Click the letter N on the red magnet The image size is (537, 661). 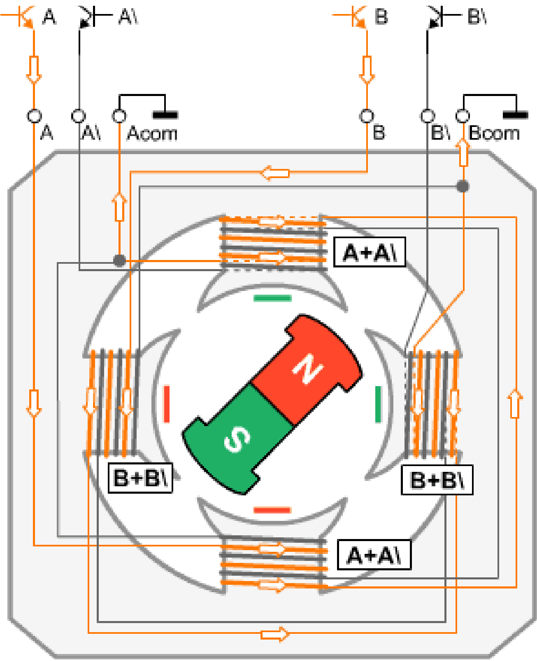pyautogui.click(x=308, y=369)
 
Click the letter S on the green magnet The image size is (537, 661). pyautogui.click(x=237, y=439)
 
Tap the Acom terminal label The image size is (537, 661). pyautogui.click(x=152, y=134)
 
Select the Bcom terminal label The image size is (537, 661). pyautogui.click(x=494, y=134)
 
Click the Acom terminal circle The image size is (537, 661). pyautogui.click(x=119, y=116)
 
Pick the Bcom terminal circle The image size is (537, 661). pyautogui.click(x=463, y=116)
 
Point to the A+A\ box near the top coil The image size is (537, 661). pyautogui.click(x=370, y=252)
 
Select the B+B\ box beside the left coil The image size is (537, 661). pyautogui.click(x=140, y=478)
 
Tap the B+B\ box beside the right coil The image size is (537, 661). pyautogui.click(x=437, y=480)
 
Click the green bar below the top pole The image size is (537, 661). pyautogui.click(x=272, y=298)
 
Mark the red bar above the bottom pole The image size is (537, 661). pyautogui.click(x=272, y=510)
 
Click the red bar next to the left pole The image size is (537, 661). pyautogui.click(x=167, y=404)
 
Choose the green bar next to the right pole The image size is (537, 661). pyautogui.click(x=378, y=404)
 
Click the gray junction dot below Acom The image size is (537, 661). pyautogui.click(x=120, y=260)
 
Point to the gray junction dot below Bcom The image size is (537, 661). pyautogui.click(x=463, y=186)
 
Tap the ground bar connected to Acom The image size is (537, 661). pyautogui.click(x=165, y=115)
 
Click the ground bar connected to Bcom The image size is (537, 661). pyautogui.click(x=515, y=115)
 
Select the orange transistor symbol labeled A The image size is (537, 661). pyautogui.click(x=22, y=16)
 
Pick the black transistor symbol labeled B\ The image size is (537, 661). pyautogui.click(x=439, y=16)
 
